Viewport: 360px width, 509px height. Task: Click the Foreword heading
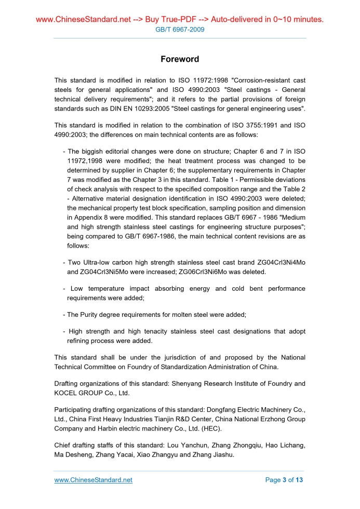[x=180, y=59]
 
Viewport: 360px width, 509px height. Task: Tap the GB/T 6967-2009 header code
[x=180, y=30]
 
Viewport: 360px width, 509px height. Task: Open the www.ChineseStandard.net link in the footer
[x=94, y=480]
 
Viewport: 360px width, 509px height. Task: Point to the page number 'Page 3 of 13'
[x=284, y=480]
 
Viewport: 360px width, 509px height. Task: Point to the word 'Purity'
[x=95, y=315]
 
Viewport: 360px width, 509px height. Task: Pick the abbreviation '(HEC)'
[x=210, y=428]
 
